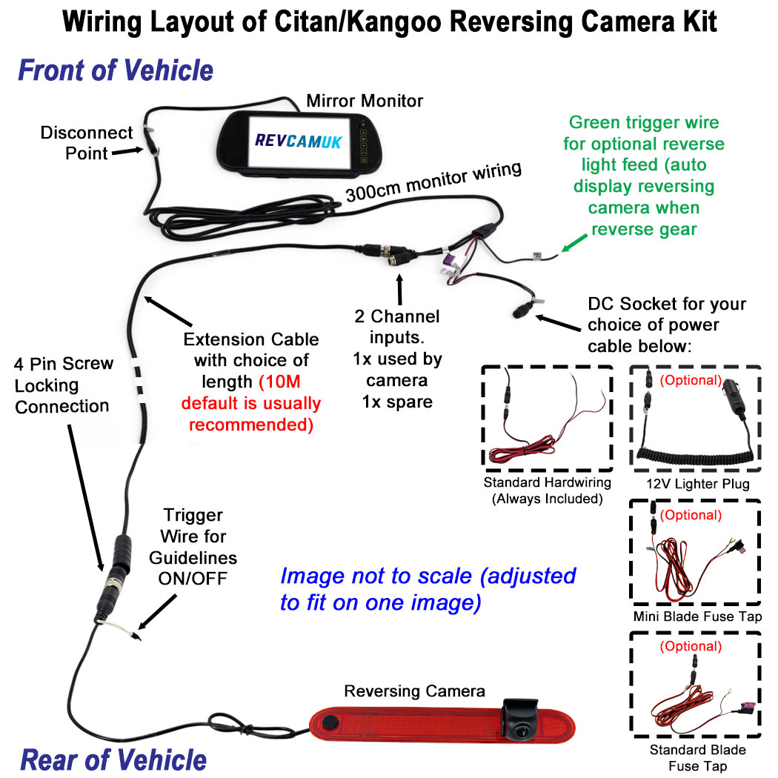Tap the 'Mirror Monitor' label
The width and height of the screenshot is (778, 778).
pyautogui.click(x=365, y=100)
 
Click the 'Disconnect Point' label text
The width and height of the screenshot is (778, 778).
pyautogui.click(x=86, y=143)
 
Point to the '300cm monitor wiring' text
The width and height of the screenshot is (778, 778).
pyautogui.click(x=433, y=182)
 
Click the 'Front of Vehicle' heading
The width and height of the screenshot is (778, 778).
pyautogui.click(x=116, y=71)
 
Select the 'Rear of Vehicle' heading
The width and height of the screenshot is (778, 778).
pyautogui.click(x=113, y=759)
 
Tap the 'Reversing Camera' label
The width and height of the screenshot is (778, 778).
pyautogui.click(x=414, y=691)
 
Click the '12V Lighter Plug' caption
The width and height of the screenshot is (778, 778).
pyautogui.click(x=697, y=484)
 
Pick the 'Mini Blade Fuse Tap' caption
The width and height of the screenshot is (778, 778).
pyautogui.click(x=697, y=616)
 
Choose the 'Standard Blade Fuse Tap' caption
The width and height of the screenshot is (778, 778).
pyautogui.click(x=697, y=757)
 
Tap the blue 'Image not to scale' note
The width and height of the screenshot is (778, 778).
pyautogui.click(x=428, y=588)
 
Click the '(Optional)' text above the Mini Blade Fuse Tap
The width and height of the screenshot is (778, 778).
pyautogui.click(x=690, y=515)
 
